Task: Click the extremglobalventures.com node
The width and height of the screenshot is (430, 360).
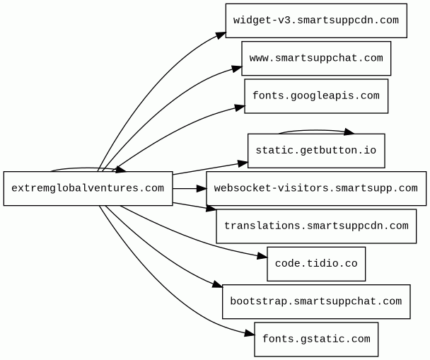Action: click(x=88, y=188)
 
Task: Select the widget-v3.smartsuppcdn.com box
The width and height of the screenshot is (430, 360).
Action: click(x=316, y=21)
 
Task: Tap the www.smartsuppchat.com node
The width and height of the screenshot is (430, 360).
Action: click(x=316, y=59)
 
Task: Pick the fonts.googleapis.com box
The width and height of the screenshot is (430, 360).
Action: click(x=316, y=96)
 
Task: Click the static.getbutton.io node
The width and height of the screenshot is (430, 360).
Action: click(x=316, y=151)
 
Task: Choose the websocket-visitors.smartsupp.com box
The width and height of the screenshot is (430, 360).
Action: click(x=316, y=188)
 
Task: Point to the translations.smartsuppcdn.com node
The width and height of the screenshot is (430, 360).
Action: click(x=316, y=226)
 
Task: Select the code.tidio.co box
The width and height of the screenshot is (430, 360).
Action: click(x=316, y=264)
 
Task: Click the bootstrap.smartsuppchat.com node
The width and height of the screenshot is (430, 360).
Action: click(x=316, y=301)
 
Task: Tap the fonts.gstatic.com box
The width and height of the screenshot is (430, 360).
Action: click(x=316, y=339)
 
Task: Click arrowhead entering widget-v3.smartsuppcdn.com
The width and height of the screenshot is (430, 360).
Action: click(x=221, y=35)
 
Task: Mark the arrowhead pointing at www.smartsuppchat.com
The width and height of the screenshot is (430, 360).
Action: click(x=237, y=69)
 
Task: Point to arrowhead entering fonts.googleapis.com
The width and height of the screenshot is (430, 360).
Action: click(x=240, y=108)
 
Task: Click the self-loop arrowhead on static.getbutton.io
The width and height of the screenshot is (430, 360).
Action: click(x=349, y=132)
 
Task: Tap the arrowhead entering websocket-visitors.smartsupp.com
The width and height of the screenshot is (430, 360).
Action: click(x=202, y=188)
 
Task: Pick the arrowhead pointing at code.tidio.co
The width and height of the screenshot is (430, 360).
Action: click(x=262, y=257)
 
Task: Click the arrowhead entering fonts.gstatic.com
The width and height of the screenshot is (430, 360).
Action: click(x=249, y=334)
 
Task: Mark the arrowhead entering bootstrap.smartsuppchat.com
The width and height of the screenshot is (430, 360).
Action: click(x=217, y=284)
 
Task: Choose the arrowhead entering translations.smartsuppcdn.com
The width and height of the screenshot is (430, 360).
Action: click(x=211, y=209)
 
